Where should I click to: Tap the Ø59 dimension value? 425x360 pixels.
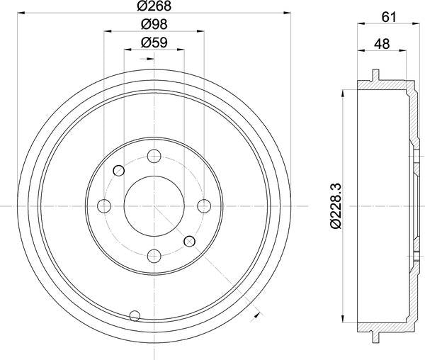154,43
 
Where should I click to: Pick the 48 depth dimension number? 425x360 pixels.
383,43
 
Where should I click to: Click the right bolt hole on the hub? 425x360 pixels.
203,206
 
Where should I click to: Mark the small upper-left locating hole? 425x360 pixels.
119,170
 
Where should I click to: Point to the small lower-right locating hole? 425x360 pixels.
189,242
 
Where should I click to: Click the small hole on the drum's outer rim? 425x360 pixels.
135,315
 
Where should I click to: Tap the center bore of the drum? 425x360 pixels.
154,206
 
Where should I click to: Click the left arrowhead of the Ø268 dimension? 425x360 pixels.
19,13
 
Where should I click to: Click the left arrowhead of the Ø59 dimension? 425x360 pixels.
127,49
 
